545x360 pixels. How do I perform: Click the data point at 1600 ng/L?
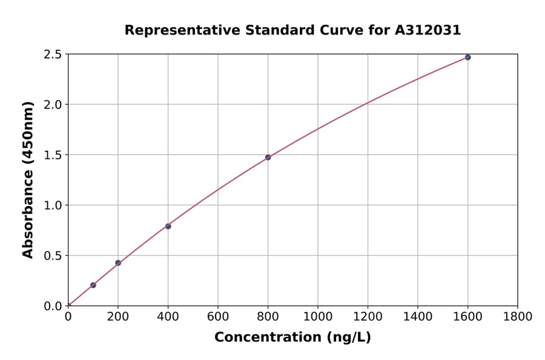[x=467, y=58]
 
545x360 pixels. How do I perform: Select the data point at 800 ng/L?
[x=268, y=158]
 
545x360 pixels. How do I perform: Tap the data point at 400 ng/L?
[x=168, y=226]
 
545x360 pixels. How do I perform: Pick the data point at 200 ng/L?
[x=118, y=263]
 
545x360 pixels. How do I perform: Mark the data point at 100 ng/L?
[x=93, y=285]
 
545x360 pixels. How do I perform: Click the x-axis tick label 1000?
[x=317, y=316]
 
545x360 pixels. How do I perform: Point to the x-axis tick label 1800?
[x=517, y=316]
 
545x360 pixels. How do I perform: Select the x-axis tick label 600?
[x=218, y=316]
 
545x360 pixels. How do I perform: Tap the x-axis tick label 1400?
[x=417, y=316]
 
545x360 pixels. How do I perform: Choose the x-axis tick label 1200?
[x=368, y=316]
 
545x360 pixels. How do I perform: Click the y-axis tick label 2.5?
[x=53, y=55]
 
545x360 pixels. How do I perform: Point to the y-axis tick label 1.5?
[x=53, y=155]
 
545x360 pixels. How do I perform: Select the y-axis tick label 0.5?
[x=53, y=256]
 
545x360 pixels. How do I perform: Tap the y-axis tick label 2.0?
[x=53, y=105]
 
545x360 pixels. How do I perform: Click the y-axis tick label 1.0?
[x=53, y=205]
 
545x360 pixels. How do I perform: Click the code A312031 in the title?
[x=428, y=30]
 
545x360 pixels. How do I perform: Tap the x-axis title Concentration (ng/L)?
[x=292, y=338]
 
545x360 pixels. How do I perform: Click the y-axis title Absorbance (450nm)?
[x=28, y=179]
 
